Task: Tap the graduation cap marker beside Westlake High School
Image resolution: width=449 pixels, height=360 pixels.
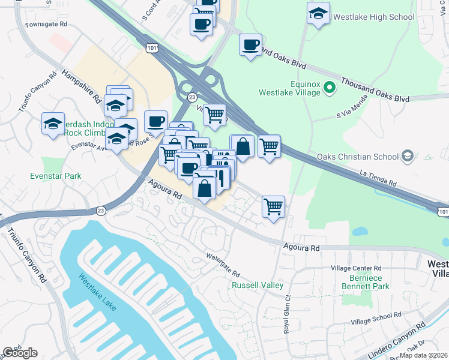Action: (318, 14)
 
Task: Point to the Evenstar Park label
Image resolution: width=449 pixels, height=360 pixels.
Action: (55, 176)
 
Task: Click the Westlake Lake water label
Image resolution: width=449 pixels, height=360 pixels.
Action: (96, 292)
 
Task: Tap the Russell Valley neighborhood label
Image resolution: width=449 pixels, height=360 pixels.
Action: (258, 286)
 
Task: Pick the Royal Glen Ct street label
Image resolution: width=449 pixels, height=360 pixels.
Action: (288, 318)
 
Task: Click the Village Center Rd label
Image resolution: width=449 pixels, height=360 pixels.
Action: (356, 268)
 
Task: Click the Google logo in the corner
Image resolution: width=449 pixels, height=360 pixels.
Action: (19, 352)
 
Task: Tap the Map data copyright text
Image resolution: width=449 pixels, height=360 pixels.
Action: (423, 355)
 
